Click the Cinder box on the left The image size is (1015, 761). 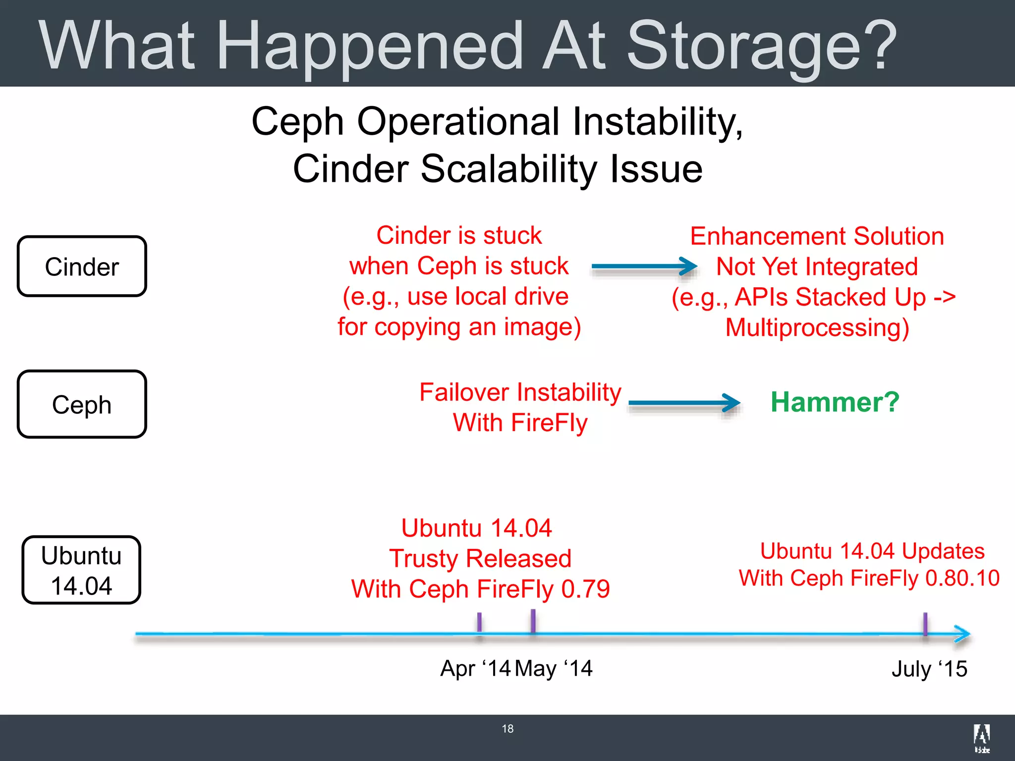point(82,267)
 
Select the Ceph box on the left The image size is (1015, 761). point(82,404)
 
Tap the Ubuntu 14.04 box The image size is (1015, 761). point(82,570)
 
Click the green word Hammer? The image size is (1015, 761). point(835,402)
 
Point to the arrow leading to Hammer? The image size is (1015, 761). point(684,403)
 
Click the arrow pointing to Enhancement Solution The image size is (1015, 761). point(644,266)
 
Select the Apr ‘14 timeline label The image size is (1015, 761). point(475,668)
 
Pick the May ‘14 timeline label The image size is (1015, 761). point(554,668)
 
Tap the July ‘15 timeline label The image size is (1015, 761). point(929,669)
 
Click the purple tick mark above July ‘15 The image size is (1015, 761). point(925,624)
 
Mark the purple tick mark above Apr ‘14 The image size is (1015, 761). point(479,623)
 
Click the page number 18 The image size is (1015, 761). point(507,729)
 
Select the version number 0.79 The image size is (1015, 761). point(585,589)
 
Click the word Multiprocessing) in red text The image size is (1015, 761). point(817,328)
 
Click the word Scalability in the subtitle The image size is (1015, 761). point(509,169)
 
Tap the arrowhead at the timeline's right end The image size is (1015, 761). point(962,634)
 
